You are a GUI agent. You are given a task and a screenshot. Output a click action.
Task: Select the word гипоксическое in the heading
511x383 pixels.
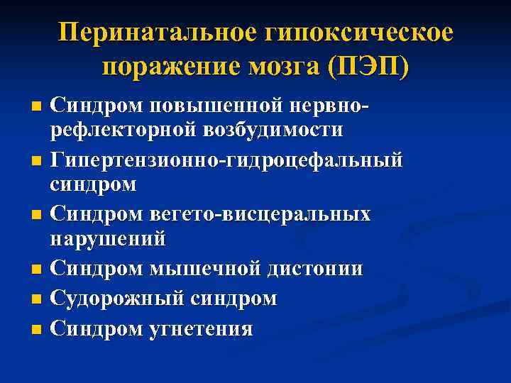[x=359, y=33]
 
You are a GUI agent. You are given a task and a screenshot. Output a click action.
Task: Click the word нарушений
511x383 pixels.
[x=108, y=238]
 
